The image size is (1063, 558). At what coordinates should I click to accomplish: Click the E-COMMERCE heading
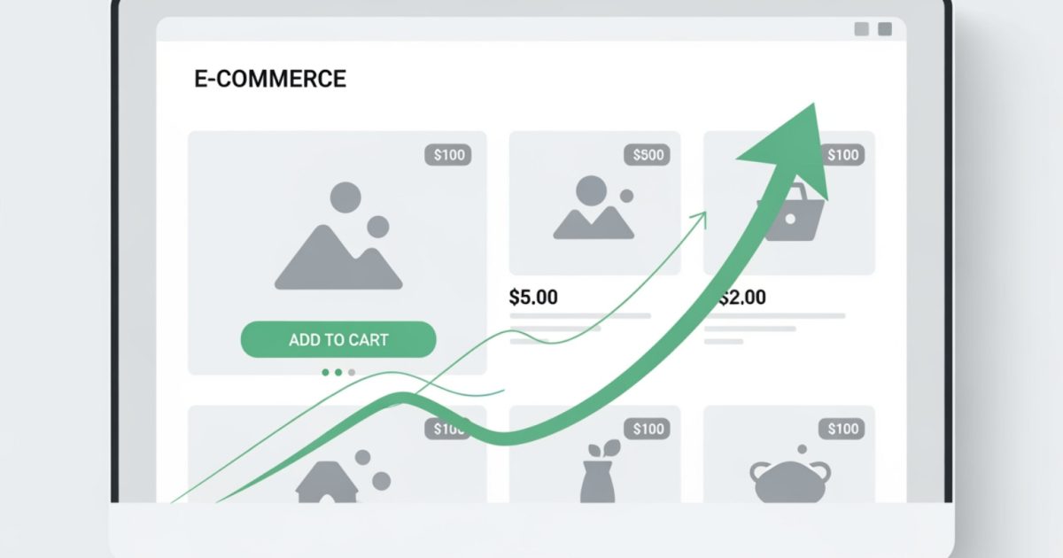pos(269,79)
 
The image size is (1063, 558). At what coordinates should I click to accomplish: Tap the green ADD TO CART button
pos(338,340)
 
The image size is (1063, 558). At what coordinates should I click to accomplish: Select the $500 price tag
pos(648,155)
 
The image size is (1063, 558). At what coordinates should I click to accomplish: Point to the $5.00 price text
pos(533,298)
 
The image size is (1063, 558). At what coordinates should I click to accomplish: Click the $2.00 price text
pos(742,298)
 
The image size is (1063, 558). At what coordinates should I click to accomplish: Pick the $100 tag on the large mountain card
pos(449,155)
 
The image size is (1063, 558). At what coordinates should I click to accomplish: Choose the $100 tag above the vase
pos(648,430)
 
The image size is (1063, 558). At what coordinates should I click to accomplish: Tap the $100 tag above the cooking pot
pos(842,430)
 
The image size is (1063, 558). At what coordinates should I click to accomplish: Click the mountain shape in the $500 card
pos(594,222)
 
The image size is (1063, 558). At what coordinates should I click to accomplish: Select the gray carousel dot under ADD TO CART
pos(352,373)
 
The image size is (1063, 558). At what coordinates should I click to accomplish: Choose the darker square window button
pos(884,29)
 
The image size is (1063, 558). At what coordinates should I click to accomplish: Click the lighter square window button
pos(861,29)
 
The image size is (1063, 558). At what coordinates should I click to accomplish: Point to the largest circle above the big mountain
pos(345,197)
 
